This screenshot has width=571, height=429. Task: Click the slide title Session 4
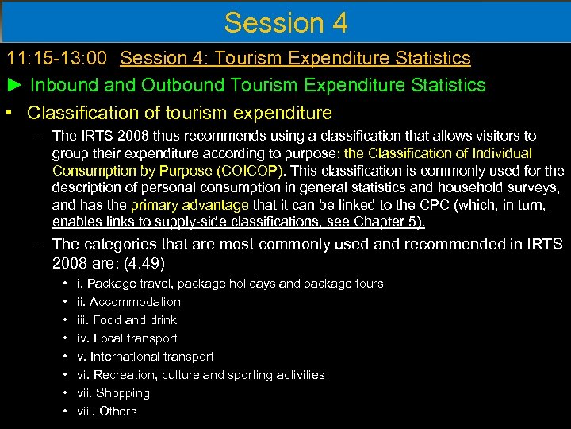pos(285,22)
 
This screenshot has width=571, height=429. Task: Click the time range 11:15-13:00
pos(59,58)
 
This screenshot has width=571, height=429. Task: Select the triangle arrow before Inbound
pos(15,85)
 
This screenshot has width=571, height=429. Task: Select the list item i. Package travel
pos(229,284)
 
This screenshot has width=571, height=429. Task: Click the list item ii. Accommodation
pos(128,302)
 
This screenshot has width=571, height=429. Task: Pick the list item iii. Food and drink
pos(126,320)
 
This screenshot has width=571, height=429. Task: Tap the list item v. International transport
pos(145,357)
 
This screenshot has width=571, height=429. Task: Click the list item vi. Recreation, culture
pos(201,375)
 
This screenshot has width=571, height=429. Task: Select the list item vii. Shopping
pos(113,393)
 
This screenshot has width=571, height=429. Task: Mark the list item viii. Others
pos(106,412)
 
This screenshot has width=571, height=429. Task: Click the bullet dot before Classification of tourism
pos(7,113)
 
